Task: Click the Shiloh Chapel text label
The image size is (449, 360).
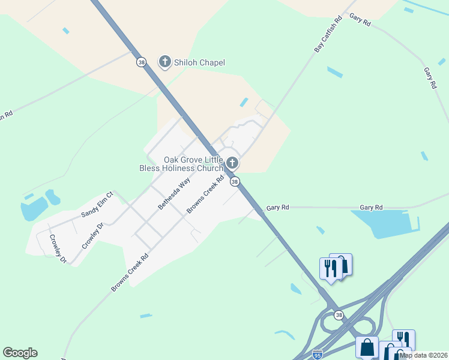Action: (191, 62)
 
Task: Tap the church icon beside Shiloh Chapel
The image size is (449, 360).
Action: (164, 61)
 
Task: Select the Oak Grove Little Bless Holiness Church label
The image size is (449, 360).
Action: (193, 164)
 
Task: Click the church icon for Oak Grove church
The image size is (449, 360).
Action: (232, 163)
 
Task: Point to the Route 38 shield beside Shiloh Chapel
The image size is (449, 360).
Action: (141, 62)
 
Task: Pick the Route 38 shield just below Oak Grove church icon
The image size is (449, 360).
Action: (235, 181)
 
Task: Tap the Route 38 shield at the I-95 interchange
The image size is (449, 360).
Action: (339, 315)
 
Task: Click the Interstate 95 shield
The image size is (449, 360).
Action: (318, 355)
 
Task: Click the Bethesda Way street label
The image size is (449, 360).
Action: (174, 193)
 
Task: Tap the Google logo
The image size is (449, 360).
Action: (20, 353)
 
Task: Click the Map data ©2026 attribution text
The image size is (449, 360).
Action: (424, 355)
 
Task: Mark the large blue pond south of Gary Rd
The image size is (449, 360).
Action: (384, 224)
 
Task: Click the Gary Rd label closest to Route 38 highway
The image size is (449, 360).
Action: (278, 207)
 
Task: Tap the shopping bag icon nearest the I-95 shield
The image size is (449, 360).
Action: (367, 347)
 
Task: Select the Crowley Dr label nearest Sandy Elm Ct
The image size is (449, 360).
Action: (93, 236)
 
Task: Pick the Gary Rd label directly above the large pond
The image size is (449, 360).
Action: (371, 207)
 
